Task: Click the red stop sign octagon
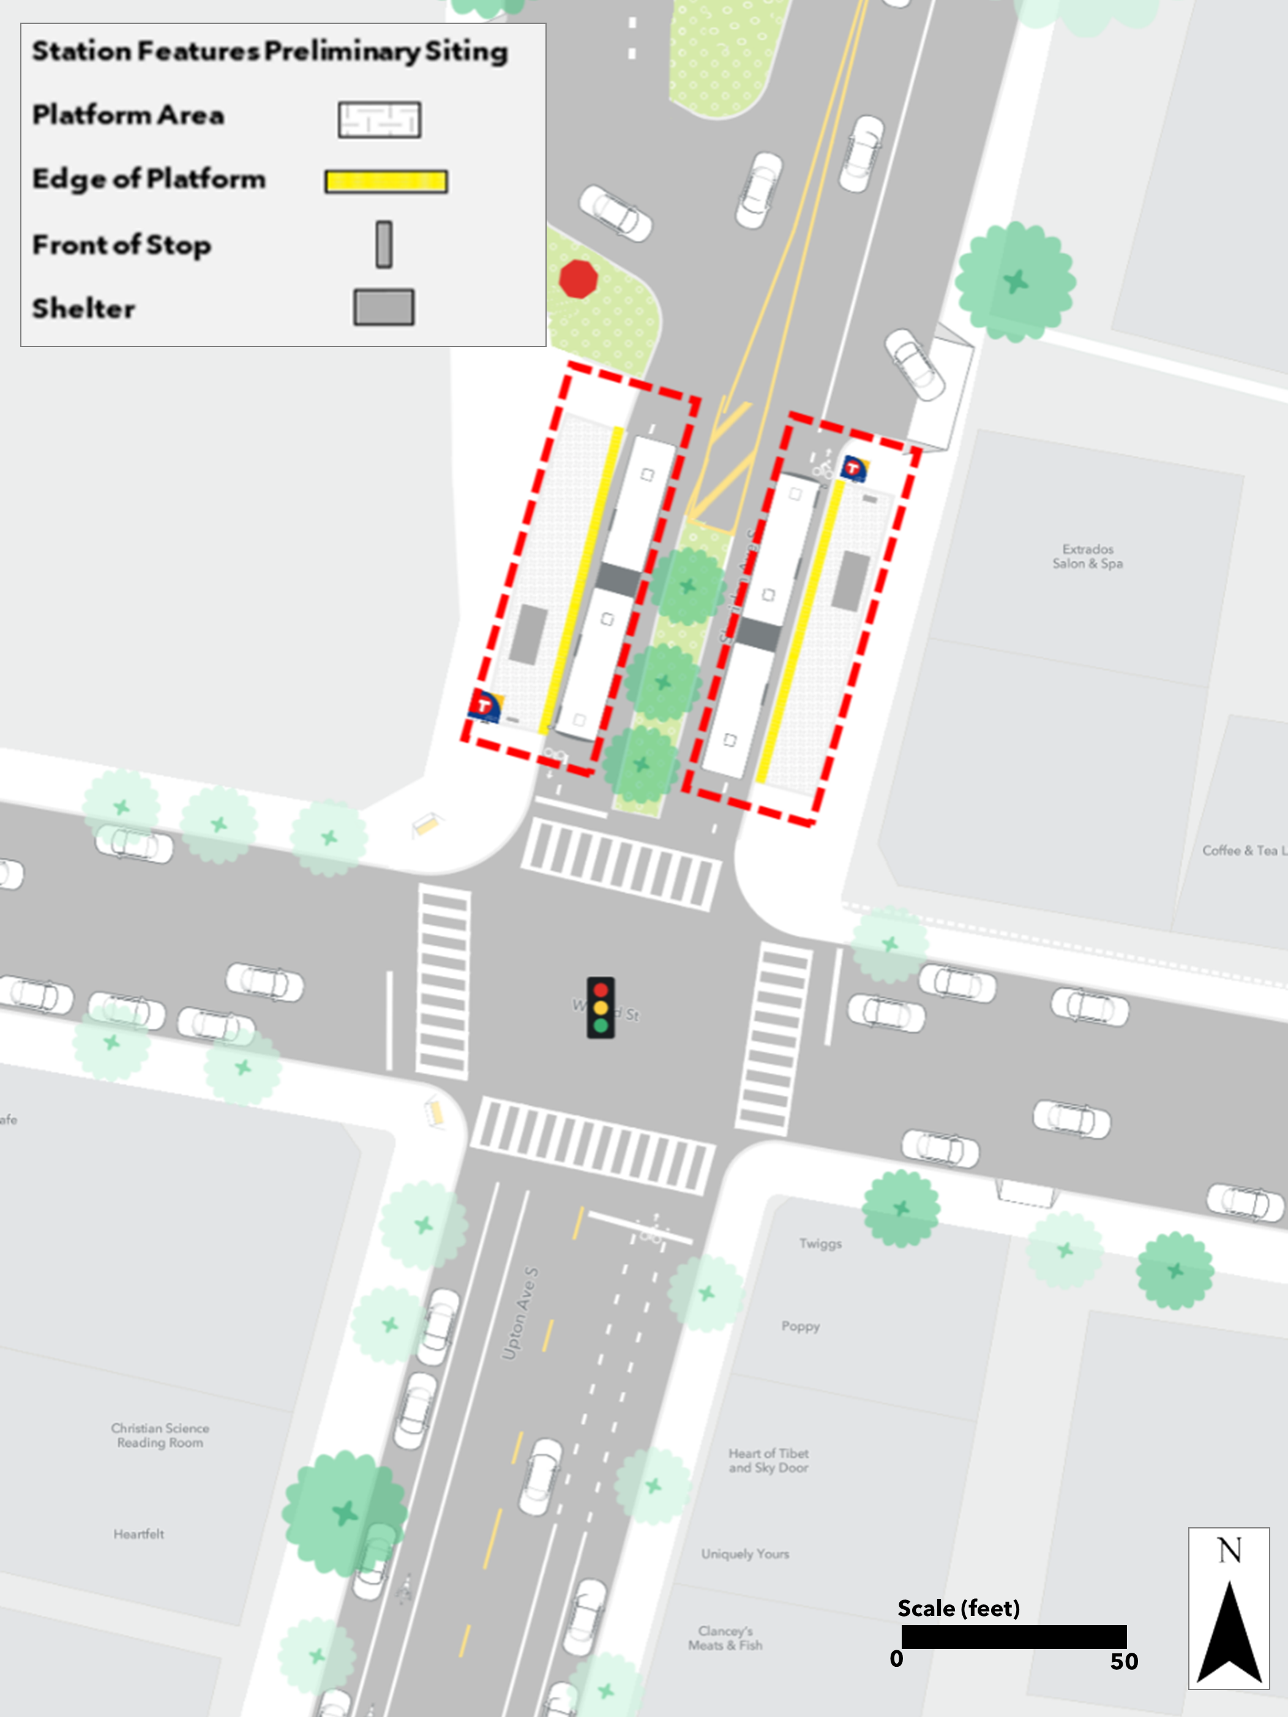[578, 279]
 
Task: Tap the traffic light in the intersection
[600, 1008]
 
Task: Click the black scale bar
[1013, 1636]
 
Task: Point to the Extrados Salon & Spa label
[1087, 556]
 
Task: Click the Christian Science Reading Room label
[160, 1435]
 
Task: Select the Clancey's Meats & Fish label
[725, 1638]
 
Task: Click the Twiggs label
[821, 1243]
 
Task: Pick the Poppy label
[801, 1326]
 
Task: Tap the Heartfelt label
[139, 1534]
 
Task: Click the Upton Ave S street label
[520, 1314]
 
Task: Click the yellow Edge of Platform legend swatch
[386, 182]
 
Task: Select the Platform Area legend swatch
[380, 119]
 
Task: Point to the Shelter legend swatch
[384, 307]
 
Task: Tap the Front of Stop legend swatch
[384, 244]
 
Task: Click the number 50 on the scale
[1123, 1661]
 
